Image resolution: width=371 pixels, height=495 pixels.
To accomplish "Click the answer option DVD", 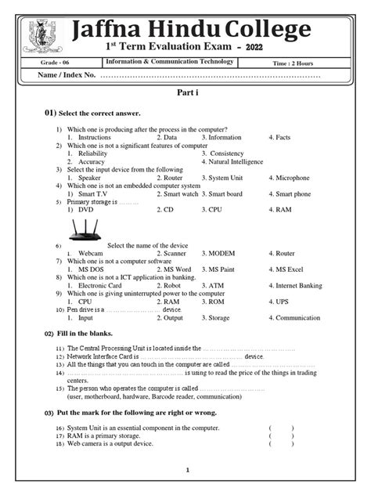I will (x=85, y=210).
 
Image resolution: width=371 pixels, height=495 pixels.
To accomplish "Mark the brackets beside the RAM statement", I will (x=282, y=436).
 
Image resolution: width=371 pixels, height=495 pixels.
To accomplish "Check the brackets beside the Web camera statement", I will (x=282, y=444).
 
